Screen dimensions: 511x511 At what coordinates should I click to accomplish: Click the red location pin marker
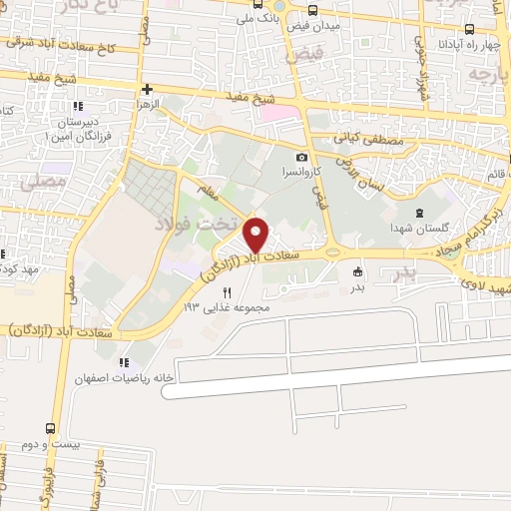point(256,235)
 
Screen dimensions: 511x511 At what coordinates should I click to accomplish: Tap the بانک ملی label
point(255,18)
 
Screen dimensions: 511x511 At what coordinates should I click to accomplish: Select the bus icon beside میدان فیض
point(313,11)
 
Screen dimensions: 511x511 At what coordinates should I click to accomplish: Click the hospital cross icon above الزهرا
point(147,89)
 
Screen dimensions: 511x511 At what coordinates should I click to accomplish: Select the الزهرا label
point(150,104)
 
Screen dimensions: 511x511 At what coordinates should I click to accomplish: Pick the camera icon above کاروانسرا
point(301,157)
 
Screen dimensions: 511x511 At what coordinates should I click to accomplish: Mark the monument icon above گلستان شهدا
point(419,211)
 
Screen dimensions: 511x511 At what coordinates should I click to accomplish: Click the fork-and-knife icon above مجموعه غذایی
point(227,292)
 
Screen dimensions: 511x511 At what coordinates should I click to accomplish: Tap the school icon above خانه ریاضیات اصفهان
point(124,362)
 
